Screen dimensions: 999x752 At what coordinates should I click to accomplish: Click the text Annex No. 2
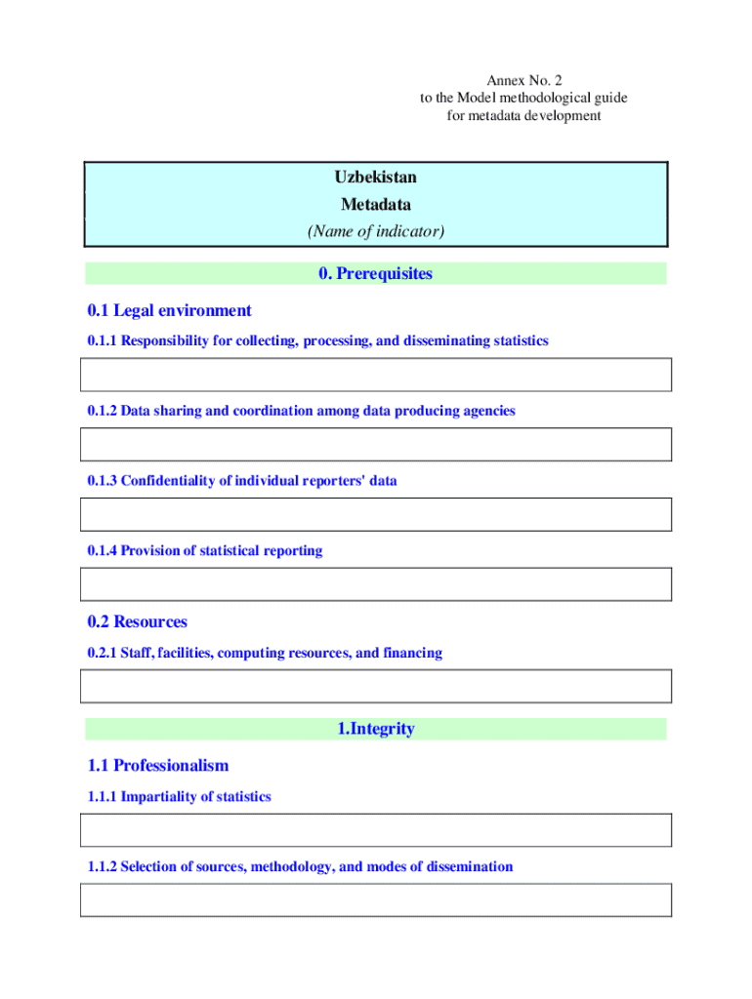pos(523,79)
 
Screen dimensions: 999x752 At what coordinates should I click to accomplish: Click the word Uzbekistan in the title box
pos(376,178)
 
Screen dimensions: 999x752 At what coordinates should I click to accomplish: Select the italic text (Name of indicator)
pos(376,231)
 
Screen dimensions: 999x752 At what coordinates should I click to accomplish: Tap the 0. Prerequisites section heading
pos(375,274)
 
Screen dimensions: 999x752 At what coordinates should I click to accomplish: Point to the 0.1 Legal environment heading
pos(169,311)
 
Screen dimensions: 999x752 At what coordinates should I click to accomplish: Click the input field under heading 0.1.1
pos(376,375)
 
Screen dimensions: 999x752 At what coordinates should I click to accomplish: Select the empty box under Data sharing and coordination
pos(376,445)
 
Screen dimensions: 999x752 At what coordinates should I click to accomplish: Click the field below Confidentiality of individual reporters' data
pos(376,515)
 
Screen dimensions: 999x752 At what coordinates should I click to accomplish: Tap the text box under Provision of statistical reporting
pos(376,584)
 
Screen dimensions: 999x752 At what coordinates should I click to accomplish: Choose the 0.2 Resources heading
pos(137,622)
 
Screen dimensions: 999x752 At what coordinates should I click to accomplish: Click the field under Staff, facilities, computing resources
pos(376,687)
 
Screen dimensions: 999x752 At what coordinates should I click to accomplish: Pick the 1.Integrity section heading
pos(375,729)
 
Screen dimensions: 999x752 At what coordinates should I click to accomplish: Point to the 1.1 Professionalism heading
pos(157,766)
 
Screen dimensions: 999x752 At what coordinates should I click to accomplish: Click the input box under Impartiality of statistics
pos(376,830)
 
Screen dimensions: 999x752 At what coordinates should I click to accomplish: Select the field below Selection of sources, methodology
pos(376,900)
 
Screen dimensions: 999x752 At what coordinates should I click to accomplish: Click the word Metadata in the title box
pos(376,205)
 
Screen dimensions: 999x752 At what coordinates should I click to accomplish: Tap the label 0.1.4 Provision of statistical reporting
pos(204,551)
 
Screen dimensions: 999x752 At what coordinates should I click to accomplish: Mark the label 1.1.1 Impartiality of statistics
pos(179,797)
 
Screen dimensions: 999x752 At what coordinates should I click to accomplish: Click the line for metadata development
pos(523,116)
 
